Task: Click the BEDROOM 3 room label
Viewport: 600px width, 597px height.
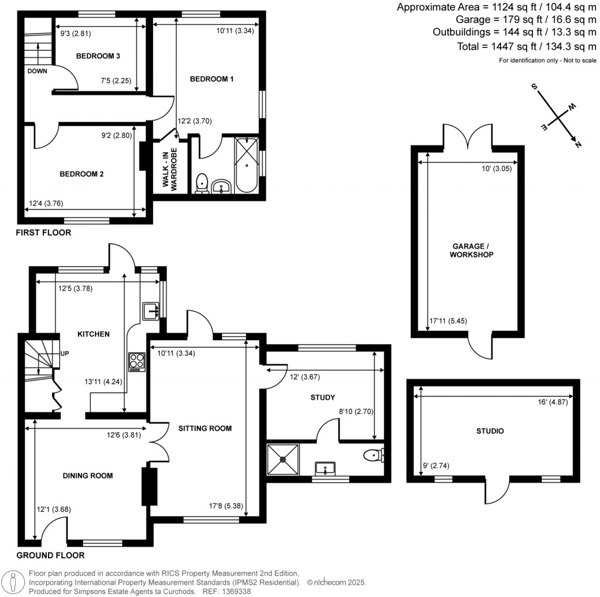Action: click(98, 56)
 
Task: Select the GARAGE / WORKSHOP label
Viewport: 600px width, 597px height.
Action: click(471, 251)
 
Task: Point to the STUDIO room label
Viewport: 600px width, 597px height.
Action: click(490, 431)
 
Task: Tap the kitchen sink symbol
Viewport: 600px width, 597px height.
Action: click(150, 311)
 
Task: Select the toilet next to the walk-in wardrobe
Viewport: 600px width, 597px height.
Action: click(202, 183)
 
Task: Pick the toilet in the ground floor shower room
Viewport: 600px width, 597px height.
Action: click(374, 455)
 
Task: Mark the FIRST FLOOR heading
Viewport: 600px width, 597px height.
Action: click(43, 233)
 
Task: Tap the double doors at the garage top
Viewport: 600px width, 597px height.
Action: click(468, 137)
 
